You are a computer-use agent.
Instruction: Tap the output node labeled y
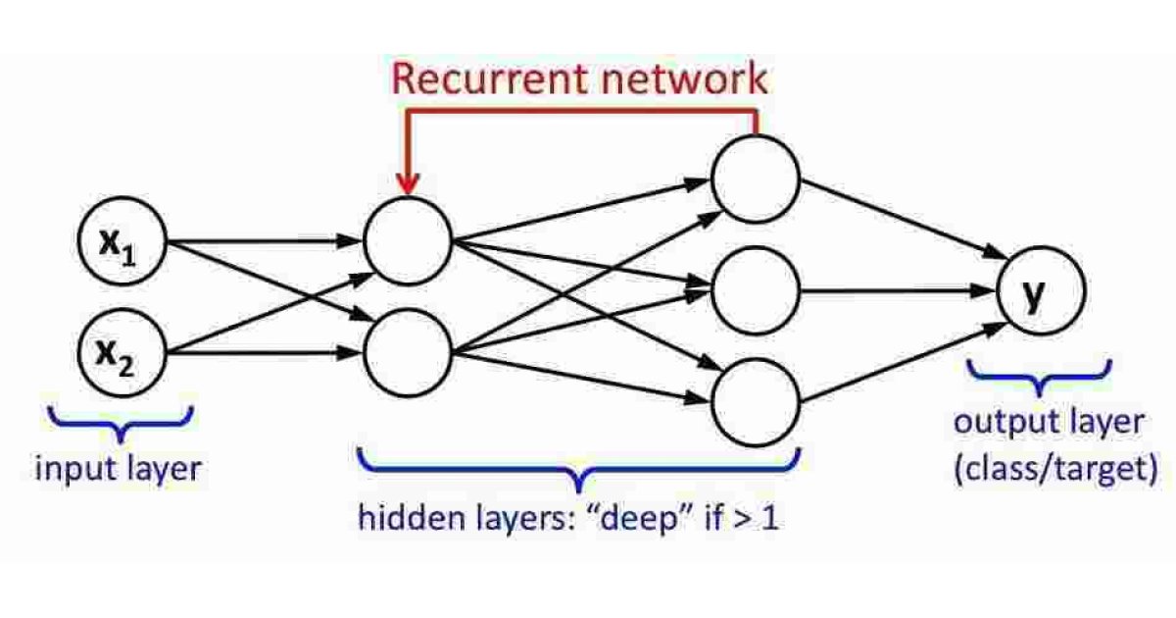1041,293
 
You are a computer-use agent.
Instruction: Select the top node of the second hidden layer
756,178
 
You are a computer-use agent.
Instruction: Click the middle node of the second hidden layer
756,290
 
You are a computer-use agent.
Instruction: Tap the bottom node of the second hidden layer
756,402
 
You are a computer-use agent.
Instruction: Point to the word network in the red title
687,79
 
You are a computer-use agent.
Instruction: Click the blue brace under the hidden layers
580,469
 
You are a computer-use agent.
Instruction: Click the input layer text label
118,469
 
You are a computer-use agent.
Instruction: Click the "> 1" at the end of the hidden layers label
759,518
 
